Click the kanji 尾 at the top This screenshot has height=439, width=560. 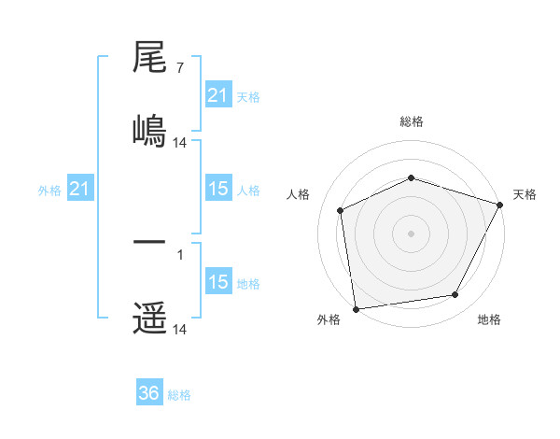[x=149, y=60]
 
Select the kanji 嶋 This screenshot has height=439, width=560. [x=149, y=129]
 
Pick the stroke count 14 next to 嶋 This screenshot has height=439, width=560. [x=180, y=142]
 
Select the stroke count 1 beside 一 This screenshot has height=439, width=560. [x=179, y=252]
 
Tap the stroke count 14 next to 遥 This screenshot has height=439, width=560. [x=180, y=330]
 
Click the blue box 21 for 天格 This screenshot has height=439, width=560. [x=217, y=95]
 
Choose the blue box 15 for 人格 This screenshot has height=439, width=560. [x=217, y=189]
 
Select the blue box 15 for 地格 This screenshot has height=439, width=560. [x=217, y=282]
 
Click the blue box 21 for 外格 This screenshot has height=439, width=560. [x=80, y=189]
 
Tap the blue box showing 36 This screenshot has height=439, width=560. [x=149, y=393]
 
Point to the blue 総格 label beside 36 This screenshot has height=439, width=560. [x=180, y=395]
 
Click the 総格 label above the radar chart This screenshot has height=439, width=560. [x=411, y=121]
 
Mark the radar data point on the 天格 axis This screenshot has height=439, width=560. [x=500, y=205]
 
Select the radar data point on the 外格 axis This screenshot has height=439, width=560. [x=356, y=308]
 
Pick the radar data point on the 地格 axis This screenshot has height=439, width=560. [x=455, y=295]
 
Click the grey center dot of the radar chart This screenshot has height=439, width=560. [x=411, y=234]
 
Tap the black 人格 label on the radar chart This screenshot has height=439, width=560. [x=298, y=194]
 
